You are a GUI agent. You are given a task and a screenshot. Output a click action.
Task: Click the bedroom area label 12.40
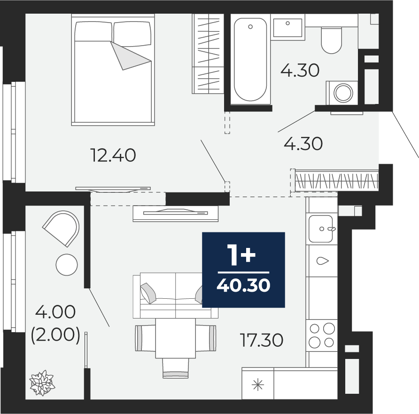(x=113, y=155)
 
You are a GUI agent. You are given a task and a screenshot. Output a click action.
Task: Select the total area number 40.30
(x=243, y=285)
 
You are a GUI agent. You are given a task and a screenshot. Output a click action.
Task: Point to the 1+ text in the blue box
(x=241, y=255)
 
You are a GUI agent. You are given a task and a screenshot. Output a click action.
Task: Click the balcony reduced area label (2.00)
(x=55, y=335)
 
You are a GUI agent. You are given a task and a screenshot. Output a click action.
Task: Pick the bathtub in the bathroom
(x=250, y=59)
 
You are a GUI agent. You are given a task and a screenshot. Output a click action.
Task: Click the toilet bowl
(x=331, y=40)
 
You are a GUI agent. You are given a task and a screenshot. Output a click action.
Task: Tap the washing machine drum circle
(x=343, y=93)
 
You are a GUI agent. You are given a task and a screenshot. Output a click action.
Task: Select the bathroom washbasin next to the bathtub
(x=287, y=27)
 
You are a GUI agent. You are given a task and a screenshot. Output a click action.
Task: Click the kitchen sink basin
(x=321, y=229)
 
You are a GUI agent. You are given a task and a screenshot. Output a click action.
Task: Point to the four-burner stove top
(x=322, y=335)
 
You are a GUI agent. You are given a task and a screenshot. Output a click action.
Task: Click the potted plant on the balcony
(x=42, y=383)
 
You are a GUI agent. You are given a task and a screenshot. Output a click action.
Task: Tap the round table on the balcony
(x=67, y=265)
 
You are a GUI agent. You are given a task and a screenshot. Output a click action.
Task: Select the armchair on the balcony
(x=62, y=228)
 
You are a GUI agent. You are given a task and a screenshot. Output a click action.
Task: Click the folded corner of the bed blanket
(x=129, y=56)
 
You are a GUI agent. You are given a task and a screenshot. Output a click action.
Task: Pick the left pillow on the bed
(x=93, y=32)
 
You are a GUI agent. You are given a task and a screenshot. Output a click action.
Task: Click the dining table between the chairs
(x=176, y=338)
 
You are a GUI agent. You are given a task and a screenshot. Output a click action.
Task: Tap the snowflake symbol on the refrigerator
(x=258, y=385)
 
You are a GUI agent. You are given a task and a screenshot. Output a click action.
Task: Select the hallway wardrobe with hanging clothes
(x=336, y=181)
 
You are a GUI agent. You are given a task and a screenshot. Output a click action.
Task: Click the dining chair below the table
(x=176, y=368)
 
